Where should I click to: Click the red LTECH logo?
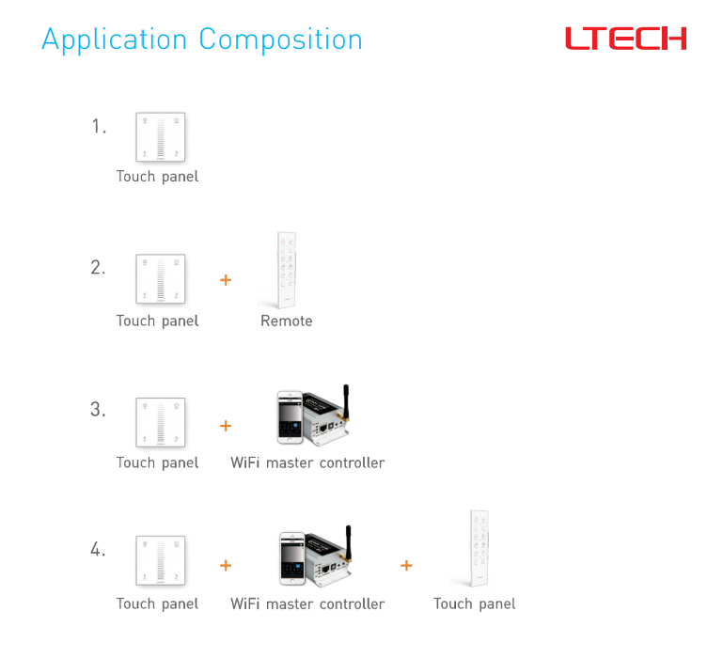point(626,39)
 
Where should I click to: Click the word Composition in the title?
point(280,40)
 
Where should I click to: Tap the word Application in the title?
point(114,40)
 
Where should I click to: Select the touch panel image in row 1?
point(161,137)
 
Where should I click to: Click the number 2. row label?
point(98,267)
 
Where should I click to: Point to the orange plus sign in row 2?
point(226,280)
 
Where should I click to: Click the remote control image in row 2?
point(287,270)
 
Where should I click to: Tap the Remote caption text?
point(287,321)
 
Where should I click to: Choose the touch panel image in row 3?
point(161,422)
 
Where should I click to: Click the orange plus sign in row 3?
point(226,426)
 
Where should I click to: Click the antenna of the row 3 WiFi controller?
point(346,401)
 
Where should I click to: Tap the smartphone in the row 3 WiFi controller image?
point(290,417)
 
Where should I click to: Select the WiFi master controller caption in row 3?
point(307,462)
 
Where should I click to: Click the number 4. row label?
point(98,549)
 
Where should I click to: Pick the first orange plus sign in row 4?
point(226,565)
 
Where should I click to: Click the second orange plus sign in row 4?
point(406,565)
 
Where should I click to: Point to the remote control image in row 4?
point(479,548)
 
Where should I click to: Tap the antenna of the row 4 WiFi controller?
point(348,542)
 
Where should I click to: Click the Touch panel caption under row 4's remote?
point(475,603)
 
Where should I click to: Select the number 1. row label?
point(99,126)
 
